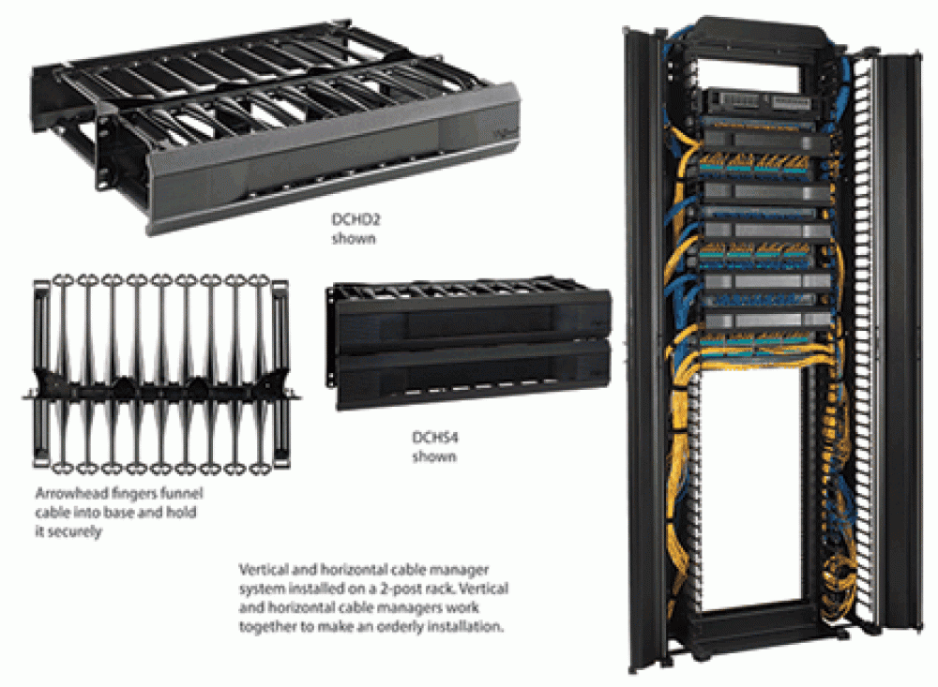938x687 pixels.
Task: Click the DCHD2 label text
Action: coord(356,219)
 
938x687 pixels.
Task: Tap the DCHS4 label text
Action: coord(435,437)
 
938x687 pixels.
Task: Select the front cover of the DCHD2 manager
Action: coord(332,158)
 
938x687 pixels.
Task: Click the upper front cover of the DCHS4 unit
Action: coord(473,321)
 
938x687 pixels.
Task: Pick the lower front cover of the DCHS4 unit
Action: coord(473,374)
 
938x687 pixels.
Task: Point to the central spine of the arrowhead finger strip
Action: coord(160,392)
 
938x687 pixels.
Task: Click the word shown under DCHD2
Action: coord(355,239)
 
